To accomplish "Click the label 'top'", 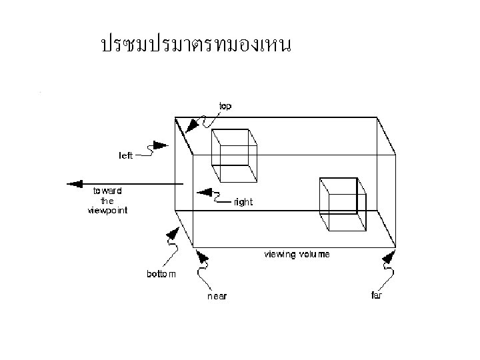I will pos(226,106).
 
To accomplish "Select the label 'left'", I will pos(126,155).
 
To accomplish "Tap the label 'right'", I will pos(244,202).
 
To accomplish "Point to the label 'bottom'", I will pos(161,274).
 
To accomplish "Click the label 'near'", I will pos(217,296).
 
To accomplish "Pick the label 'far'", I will pos(377,295).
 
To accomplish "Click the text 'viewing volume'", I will pos(297,254).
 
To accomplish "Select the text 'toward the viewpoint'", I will pos(107,200).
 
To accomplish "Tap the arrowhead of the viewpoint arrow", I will pos(74,184).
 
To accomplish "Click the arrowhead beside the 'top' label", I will pos(193,124).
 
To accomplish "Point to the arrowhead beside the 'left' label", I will pos(160,145).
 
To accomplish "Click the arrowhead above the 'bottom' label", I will pos(173,233).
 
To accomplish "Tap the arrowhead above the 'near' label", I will pos(201,257).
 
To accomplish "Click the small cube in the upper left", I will pos(234,155).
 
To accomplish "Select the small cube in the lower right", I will pos(343,204).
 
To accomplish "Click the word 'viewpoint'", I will pos(107,210).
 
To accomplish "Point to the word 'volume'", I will pos(315,254).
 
